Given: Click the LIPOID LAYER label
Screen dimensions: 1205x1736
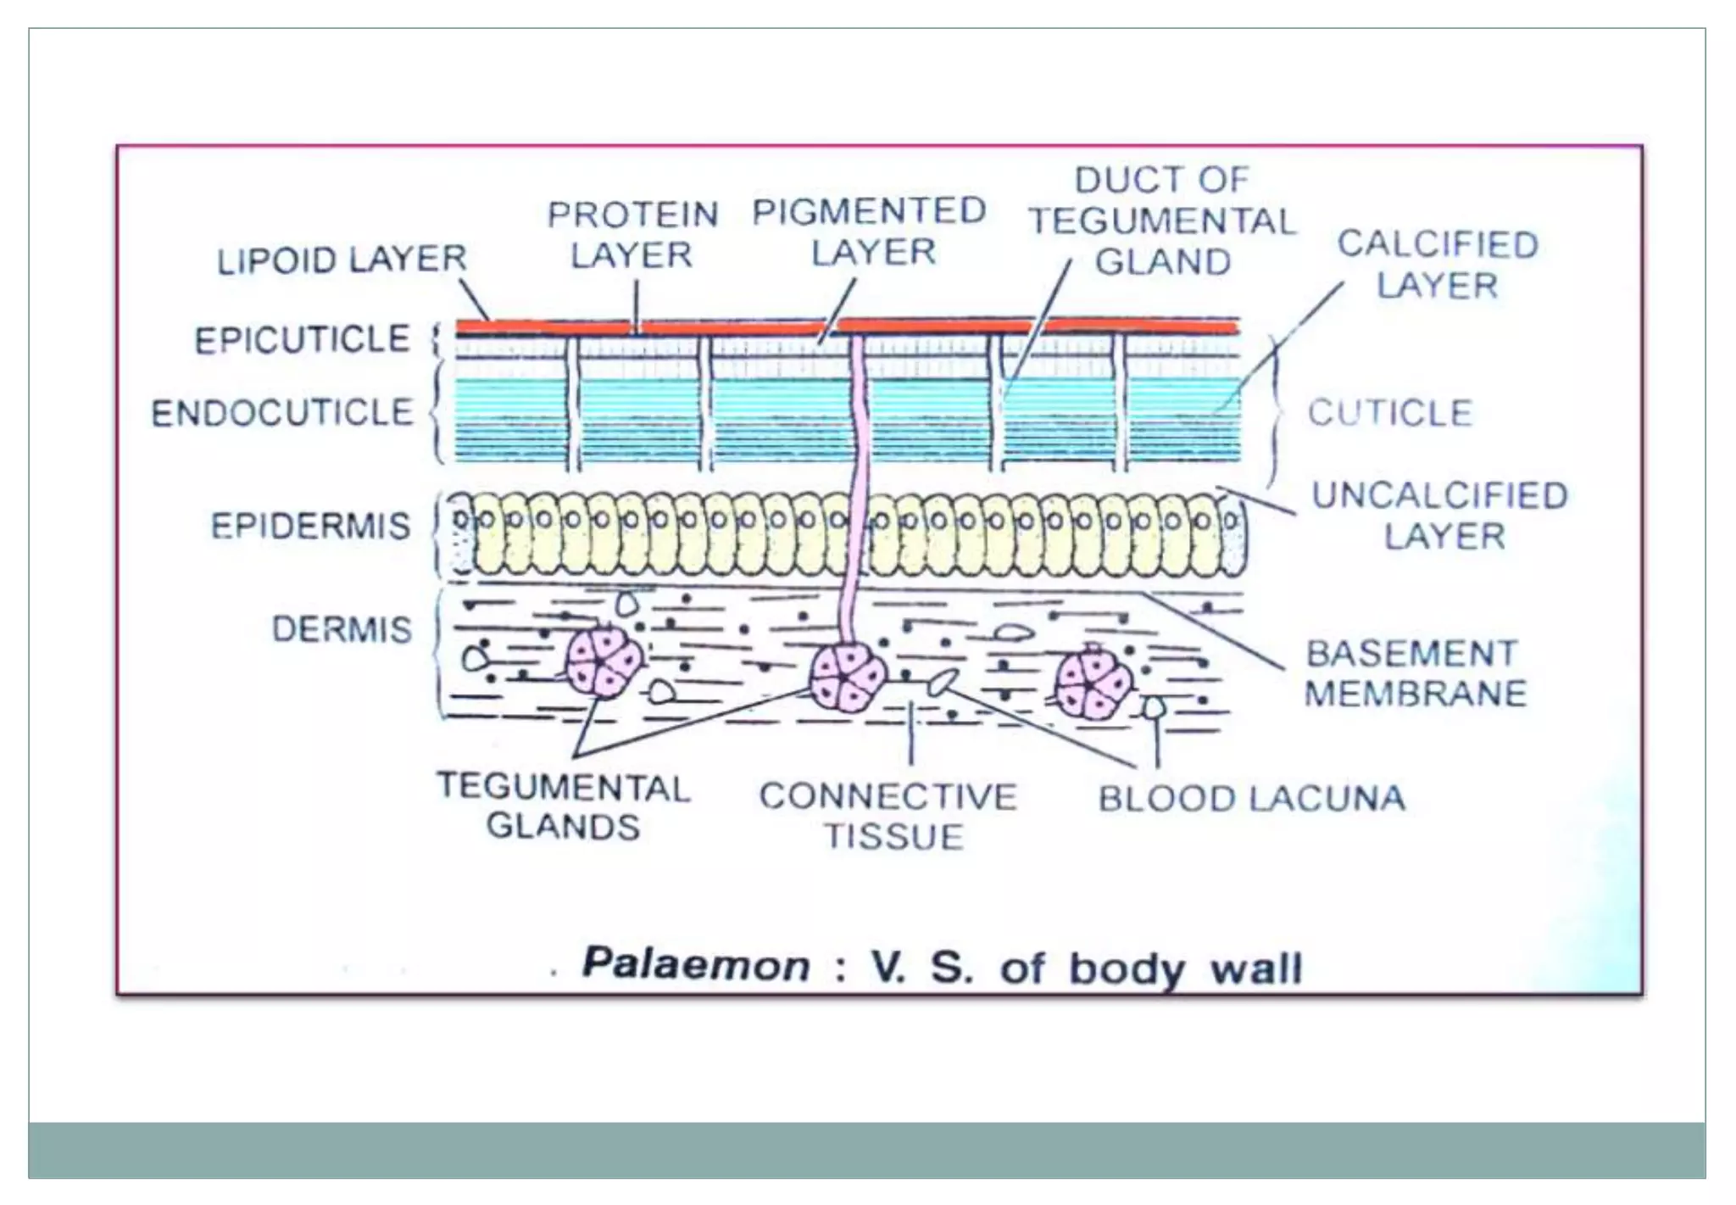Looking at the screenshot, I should coord(342,259).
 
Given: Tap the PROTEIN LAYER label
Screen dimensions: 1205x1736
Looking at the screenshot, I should coord(632,235).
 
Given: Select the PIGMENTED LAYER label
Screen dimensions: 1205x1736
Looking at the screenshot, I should coord(870,232).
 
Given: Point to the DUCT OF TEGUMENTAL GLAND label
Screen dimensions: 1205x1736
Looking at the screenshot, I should coord(1162,220).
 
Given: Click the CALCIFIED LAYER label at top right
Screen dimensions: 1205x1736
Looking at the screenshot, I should coord(1438,265).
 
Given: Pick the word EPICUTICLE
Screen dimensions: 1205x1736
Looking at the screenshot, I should coord(302,339).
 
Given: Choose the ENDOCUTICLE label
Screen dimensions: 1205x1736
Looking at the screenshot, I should coord(282,413).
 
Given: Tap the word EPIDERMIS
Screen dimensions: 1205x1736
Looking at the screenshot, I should coord(310,526).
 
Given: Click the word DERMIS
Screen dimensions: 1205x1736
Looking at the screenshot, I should coord(342,629).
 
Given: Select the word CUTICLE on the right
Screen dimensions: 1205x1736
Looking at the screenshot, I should coord(1389,413).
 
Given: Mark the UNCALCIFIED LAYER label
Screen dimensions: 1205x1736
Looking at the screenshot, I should coord(1440,516).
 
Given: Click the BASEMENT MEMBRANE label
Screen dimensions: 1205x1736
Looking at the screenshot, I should coord(1414,673).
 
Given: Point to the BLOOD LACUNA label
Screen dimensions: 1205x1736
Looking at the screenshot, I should coord(1251,799).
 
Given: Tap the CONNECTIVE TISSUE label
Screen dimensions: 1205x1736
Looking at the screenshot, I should coord(888,816).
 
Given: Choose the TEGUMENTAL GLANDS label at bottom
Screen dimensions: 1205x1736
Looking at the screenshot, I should coord(564,806).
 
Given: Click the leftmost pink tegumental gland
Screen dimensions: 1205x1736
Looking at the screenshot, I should coord(604,661).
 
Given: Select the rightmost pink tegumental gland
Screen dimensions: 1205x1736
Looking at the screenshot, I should coord(1093,683).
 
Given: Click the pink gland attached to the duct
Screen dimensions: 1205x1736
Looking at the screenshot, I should coord(847,678).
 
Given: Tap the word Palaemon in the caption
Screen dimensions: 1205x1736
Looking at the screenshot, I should coord(695,965).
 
